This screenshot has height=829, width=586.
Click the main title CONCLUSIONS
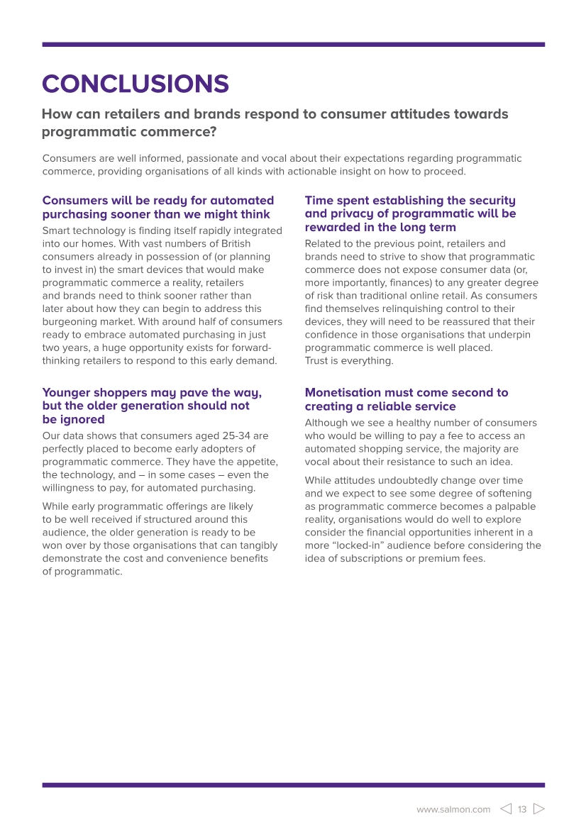136,84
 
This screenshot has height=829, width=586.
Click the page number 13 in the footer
522,809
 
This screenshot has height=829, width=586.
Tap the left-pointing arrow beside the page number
506,809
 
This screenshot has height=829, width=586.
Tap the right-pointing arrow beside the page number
538,809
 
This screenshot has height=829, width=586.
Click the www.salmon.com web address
453,810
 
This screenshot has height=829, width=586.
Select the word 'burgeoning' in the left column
70,322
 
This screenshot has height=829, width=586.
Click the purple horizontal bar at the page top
293,44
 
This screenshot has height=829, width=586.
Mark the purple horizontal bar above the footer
293,785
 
